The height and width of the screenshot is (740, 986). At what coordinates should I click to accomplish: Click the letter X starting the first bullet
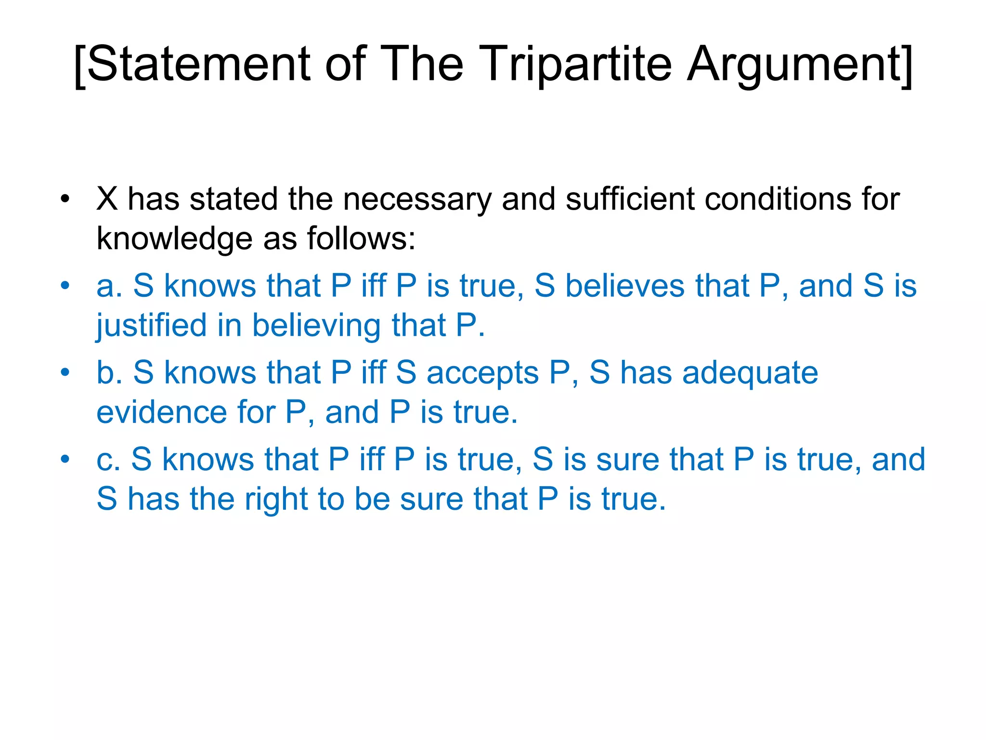107,198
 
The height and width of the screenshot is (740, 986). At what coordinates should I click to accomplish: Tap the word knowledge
174,239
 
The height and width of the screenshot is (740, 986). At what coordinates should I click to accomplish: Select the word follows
361,238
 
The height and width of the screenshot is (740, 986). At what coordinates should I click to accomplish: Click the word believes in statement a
624,285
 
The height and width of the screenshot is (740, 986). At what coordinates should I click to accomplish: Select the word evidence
162,412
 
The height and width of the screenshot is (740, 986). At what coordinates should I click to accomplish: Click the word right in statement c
276,499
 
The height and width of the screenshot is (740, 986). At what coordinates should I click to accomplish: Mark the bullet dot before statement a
65,285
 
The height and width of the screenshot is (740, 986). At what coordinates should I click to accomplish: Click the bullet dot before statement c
65,459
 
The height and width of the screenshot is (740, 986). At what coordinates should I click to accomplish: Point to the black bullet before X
65,198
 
